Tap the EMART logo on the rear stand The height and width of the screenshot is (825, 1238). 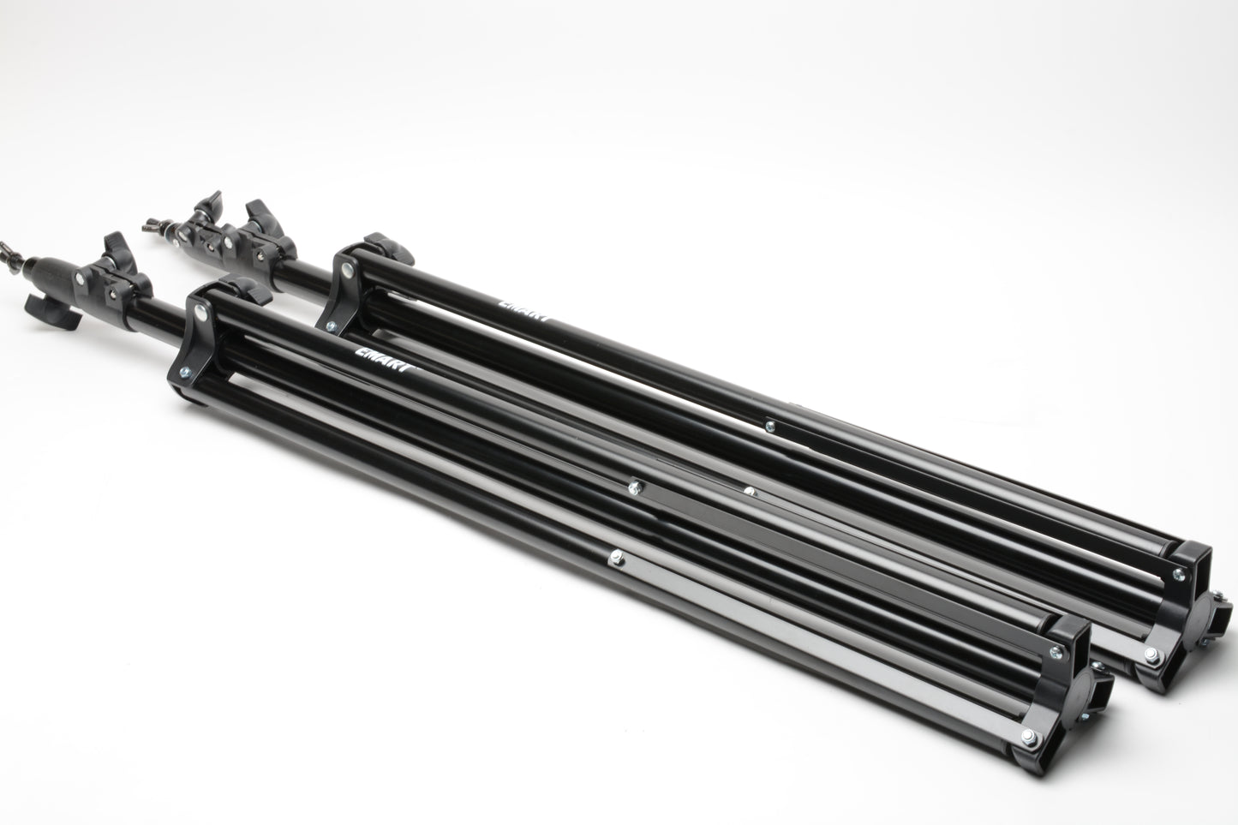click(x=524, y=310)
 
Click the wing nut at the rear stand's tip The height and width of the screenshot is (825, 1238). click(x=157, y=225)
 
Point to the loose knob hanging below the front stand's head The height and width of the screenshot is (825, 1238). click(x=52, y=313)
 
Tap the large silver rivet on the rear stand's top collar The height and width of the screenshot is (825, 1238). click(x=347, y=270)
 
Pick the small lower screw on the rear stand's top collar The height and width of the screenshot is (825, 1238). click(x=331, y=326)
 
